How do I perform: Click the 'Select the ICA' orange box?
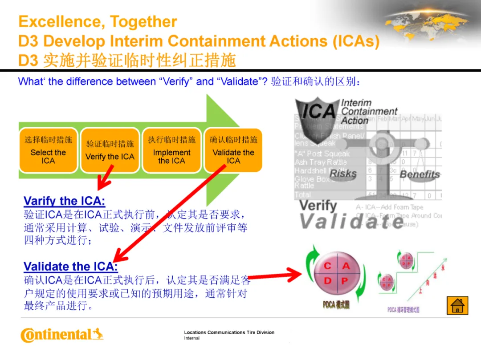point(48,150)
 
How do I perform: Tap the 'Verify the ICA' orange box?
point(110,150)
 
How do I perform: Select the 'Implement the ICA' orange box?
point(171,150)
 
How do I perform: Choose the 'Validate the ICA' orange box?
point(233,150)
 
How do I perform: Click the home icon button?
point(457,306)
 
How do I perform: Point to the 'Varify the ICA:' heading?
point(64,201)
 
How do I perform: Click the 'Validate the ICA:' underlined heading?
point(70,267)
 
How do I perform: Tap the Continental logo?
point(61,335)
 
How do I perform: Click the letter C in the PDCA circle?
point(328,266)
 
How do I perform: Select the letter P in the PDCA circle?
point(344,281)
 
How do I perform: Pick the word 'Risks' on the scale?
point(343,174)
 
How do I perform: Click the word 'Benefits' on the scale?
point(420,174)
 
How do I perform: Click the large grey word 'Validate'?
point(352,221)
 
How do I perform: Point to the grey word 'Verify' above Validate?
point(318,206)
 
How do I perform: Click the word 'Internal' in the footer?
point(192,338)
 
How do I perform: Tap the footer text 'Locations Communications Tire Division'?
point(229,332)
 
